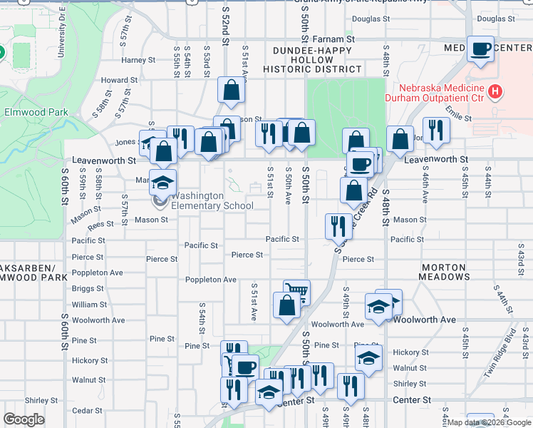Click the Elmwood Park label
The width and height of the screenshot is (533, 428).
tap(36, 112)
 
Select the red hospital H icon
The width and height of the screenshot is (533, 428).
tap(496, 93)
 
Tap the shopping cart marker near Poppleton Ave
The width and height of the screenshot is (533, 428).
tap(296, 291)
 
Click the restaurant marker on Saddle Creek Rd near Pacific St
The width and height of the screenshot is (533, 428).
tap(338, 225)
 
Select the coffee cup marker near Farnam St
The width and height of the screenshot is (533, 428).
tap(481, 49)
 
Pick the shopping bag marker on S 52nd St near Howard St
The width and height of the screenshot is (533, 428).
tap(232, 90)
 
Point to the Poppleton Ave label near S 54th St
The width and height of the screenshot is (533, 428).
tap(210, 280)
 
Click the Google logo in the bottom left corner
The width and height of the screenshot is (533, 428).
tap(24, 419)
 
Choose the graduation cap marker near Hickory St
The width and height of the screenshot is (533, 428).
tap(368, 357)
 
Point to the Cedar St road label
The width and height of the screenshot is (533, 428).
tap(87, 410)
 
